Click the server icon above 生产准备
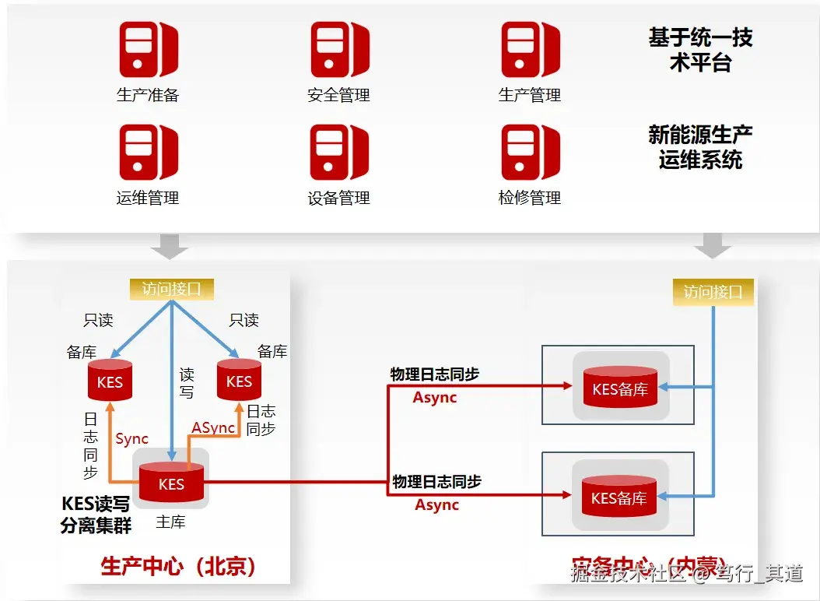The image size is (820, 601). click(x=148, y=50)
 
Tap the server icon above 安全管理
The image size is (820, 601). click(x=339, y=50)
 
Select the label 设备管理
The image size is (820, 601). click(x=338, y=198)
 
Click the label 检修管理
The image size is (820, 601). click(x=530, y=198)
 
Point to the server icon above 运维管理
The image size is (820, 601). click(x=148, y=153)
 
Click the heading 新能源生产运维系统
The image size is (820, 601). click(x=700, y=147)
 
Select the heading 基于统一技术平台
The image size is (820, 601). click(x=700, y=50)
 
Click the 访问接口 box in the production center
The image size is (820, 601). click(x=171, y=289)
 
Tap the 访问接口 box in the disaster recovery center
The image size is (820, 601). click(x=713, y=292)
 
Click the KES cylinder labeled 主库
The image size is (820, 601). click(x=171, y=483)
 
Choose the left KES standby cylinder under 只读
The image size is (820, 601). click(x=110, y=381)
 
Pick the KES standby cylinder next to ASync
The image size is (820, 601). click(x=239, y=381)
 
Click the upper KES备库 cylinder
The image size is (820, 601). click(x=619, y=388)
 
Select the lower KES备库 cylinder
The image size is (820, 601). click(x=619, y=497)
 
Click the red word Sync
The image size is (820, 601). click(x=131, y=439)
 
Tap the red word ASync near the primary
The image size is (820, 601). click(x=213, y=428)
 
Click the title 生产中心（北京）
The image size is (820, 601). click(x=178, y=566)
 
